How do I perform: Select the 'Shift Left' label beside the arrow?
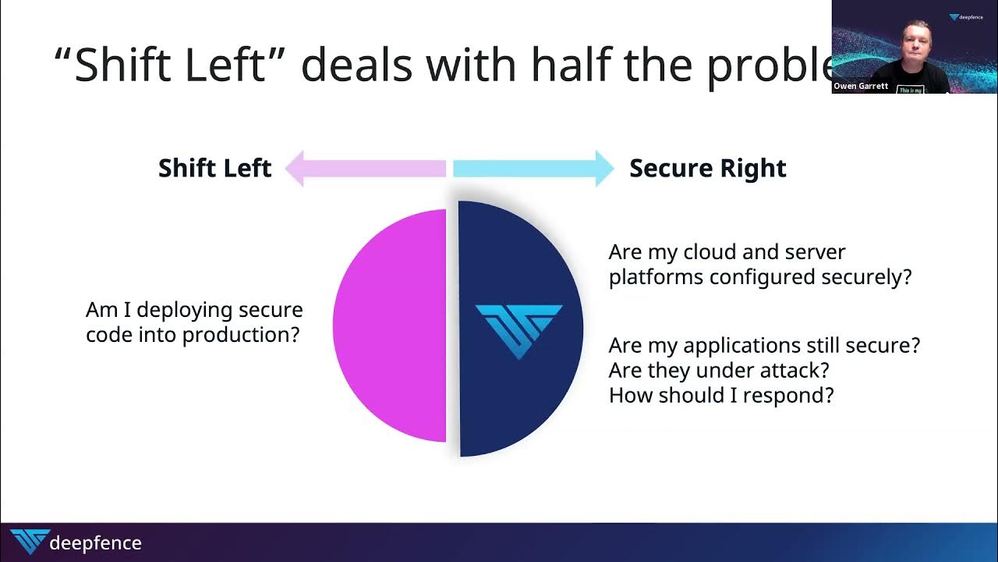[214, 169]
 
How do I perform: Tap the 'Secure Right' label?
[707, 169]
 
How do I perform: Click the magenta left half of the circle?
[390, 325]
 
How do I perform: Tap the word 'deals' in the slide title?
[356, 64]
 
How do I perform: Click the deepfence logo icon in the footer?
[29, 542]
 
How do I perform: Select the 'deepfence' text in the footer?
[95, 543]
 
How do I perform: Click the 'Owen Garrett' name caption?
[860, 87]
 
